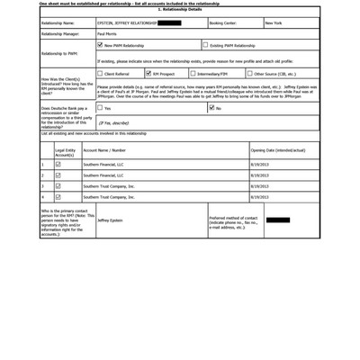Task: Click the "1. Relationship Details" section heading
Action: [x=180, y=9]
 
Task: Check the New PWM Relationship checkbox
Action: [x=100, y=44]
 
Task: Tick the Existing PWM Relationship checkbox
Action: [x=205, y=44]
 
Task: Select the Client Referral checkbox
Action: [x=100, y=74]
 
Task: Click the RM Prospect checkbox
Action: [x=148, y=74]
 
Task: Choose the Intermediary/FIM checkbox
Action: [x=193, y=74]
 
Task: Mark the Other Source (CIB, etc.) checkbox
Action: [x=249, y=74]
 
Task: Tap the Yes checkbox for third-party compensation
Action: [x=100, y=108]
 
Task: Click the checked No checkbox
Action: [x=212, y=108]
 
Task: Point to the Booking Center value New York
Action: [x=274, y=22]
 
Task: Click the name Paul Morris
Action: [x=107, y=33]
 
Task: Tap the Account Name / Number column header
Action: [x=104, y=150]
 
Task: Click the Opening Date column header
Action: [x=278, y=150]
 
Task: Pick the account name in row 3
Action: [x=109, y=186]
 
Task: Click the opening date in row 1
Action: [x=259, y=165]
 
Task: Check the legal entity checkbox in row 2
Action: [x=58, y=175]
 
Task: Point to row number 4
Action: [x=42, y=196]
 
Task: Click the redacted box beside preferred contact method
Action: [x=278, y=220]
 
